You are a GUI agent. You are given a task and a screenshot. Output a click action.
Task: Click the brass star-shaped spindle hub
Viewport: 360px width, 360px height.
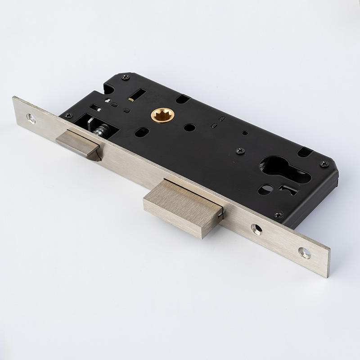coord(162,115)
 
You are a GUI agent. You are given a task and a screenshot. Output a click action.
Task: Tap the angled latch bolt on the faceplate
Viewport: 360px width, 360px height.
coord(78,144)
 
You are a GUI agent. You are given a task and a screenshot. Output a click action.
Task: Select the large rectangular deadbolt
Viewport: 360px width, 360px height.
coord(182,208)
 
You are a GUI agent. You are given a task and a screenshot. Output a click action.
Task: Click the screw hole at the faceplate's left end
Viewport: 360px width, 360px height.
coord(31,118)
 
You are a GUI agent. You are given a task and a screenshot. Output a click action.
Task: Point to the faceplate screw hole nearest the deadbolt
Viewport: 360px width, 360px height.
coord(256,229)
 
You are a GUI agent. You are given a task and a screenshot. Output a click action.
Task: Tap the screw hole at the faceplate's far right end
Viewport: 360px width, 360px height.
coord(305,253)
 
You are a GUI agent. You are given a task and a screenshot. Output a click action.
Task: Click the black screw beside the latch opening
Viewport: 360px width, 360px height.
coord(68,115)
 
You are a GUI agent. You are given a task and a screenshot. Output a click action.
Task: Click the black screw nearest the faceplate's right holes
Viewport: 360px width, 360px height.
coord(279,215)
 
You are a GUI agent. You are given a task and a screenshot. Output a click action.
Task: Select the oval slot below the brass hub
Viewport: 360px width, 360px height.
coord(142,132)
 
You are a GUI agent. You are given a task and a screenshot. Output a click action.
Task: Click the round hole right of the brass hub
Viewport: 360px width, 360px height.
coord(190,127)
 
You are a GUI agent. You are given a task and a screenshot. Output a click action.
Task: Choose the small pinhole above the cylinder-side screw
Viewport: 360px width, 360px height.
coord(244,133)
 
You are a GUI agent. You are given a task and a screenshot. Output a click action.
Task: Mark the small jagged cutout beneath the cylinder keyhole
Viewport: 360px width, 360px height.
coord(288,189)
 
